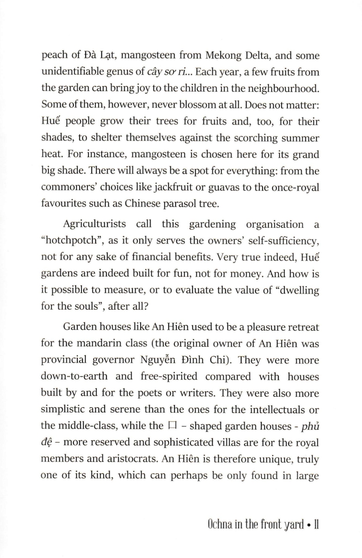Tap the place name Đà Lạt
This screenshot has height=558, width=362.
pos(97,56)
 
